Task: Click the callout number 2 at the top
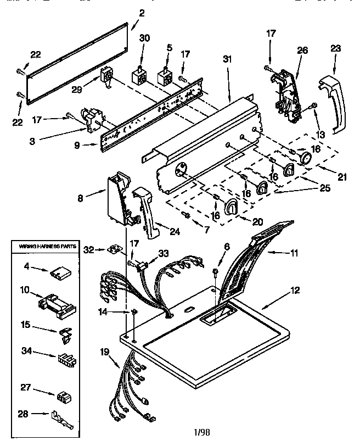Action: pyautogui.click(x=142, y=14)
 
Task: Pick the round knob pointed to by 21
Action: pyautogui.click(x=306, y=159)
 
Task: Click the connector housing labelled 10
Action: pyautogui.click(x=56, y=304)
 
